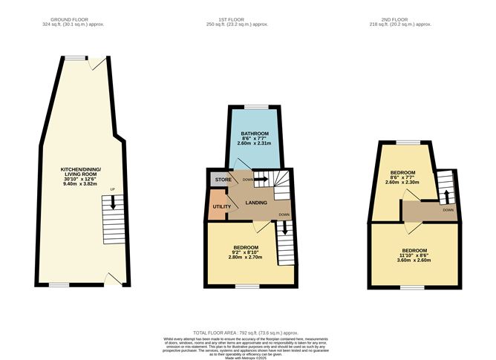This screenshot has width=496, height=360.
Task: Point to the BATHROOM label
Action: [254, 134]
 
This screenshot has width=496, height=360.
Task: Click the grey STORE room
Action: [221, 180]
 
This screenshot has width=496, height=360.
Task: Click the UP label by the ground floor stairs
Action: [111, 189]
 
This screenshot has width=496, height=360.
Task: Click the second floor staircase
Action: [444, 185]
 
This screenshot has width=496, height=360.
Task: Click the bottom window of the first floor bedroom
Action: [245, 286]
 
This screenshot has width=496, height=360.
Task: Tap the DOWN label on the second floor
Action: [448, 210]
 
